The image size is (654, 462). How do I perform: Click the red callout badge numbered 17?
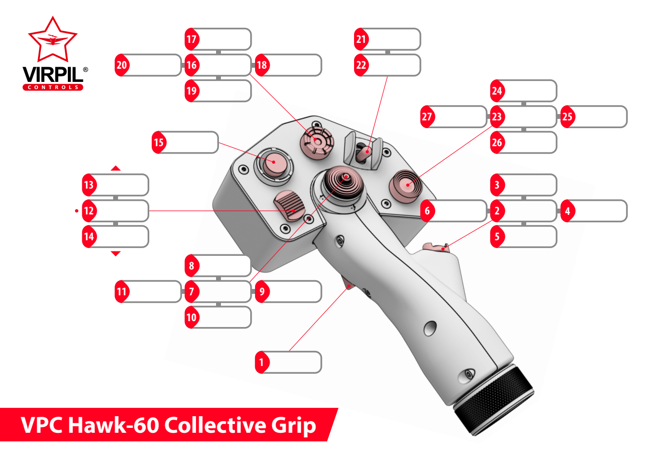coord(191,39)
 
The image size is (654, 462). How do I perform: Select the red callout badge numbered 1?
coord(261,363)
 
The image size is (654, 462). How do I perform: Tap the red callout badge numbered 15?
coord(159,142)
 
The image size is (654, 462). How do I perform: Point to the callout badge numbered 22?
coord(361,65)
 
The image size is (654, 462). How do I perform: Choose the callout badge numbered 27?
coord(427,117)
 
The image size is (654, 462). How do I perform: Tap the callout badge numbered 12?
coord(88,211)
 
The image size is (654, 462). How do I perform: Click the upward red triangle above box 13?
coord(116,168)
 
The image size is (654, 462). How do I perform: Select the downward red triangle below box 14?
coord(116,253)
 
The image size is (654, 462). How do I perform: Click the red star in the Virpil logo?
coord(53,39)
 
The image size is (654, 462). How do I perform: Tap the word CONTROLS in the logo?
coord(53,87)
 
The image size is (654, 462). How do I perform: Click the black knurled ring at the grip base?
coord(493,400)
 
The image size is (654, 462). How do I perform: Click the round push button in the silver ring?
coord(273,163)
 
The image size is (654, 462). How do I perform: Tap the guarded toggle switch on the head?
coord(363,152)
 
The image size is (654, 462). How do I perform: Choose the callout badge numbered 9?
coord(262,292)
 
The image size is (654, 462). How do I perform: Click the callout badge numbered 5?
coord(497,237)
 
